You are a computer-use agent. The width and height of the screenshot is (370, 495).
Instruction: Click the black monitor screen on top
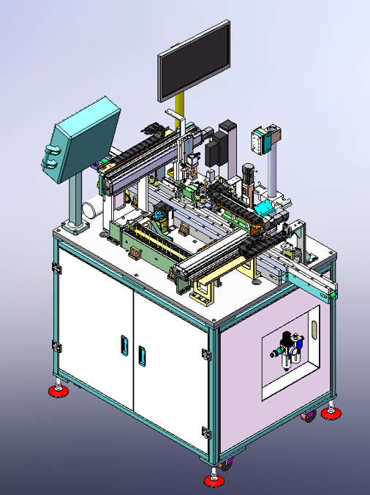click(195, 61)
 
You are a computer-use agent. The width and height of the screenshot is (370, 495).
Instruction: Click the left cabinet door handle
click(124, 344)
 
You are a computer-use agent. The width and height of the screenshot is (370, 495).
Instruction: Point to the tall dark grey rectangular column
click(228, 143)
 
